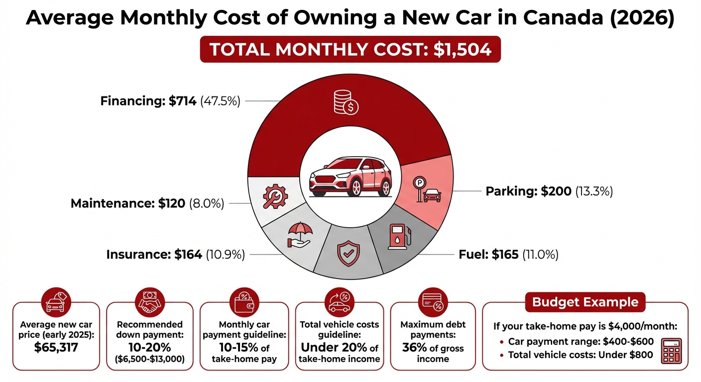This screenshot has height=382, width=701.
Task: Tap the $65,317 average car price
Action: pos(56,348)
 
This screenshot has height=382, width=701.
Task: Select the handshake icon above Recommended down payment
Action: pos(150,300)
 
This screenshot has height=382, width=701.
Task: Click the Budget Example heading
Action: pos(585,302)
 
